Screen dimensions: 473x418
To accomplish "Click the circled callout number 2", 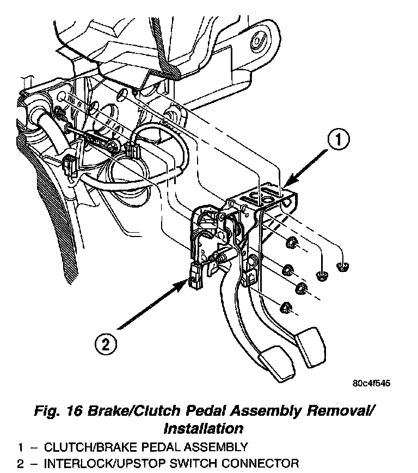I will click(106, 344).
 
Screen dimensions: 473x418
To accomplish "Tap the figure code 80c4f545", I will click(372, 383).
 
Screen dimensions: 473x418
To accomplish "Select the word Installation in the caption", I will click(203, 427).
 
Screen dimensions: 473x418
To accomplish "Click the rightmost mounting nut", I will click(342, 266).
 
